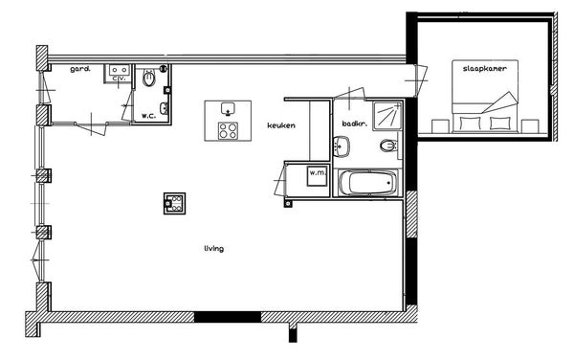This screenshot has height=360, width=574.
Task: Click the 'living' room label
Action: tap(213, 249)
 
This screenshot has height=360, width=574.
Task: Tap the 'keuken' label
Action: tap(281, 125)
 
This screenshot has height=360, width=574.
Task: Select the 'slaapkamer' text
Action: tap(485, 69)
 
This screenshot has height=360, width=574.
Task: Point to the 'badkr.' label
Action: tap(354, 124)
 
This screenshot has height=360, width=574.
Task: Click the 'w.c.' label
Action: tap(149, 116)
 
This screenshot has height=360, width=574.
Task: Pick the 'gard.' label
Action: tap(80, 69)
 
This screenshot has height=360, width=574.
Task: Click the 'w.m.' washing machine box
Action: tap(317, 175)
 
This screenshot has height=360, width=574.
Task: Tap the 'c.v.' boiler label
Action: tap(120, 79)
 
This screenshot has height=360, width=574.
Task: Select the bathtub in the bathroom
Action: tap(367, 183)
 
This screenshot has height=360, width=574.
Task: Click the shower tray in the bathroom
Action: tap(387, 116)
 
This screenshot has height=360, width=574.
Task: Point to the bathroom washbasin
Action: tap(342, 146)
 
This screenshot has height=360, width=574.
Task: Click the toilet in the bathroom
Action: tap(388, 146)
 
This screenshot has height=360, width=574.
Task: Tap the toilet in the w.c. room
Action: tap(149, 78)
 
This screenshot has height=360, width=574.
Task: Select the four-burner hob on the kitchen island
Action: tap(228, 131)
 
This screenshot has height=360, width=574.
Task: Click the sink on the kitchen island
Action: tap(228, 109)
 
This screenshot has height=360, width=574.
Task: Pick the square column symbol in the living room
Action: tap(174, 203)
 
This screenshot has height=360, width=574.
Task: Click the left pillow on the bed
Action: tap(470, 124)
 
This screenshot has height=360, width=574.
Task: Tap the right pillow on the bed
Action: tap(500, 124)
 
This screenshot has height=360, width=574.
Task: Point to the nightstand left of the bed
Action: tap(440, 126)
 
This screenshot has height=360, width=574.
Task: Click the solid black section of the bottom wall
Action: tap(228, 317)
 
